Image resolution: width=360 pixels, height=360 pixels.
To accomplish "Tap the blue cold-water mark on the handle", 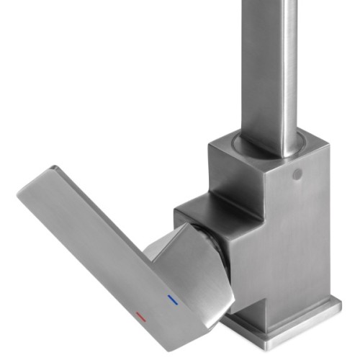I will click(171, 297).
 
